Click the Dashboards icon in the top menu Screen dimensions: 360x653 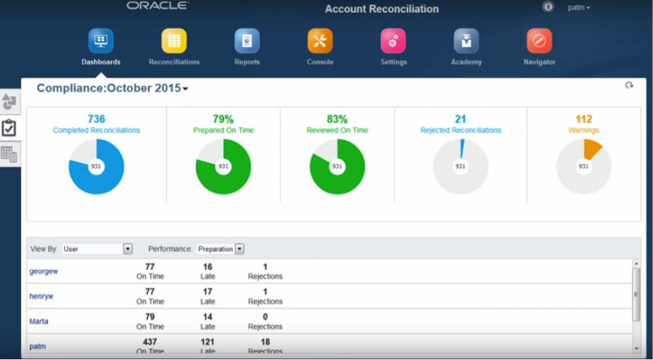101,41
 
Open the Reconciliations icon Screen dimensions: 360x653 174,41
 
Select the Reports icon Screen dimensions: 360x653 247,41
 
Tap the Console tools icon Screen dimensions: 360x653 320,41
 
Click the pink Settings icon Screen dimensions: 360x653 393,41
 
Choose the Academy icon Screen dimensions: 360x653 466,41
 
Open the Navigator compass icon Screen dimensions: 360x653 539,41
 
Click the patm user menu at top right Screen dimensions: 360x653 578,7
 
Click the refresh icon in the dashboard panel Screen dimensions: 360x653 629,86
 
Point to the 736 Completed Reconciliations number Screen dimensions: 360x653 96,119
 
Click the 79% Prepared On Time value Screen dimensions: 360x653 223,119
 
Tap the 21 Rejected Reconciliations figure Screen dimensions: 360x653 461,119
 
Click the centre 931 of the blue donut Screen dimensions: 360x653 96,166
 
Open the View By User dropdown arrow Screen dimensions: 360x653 128,249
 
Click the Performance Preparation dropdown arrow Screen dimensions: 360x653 239,249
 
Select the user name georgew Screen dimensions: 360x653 44,271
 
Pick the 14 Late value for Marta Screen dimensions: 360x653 208,317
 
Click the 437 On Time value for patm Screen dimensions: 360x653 150,342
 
